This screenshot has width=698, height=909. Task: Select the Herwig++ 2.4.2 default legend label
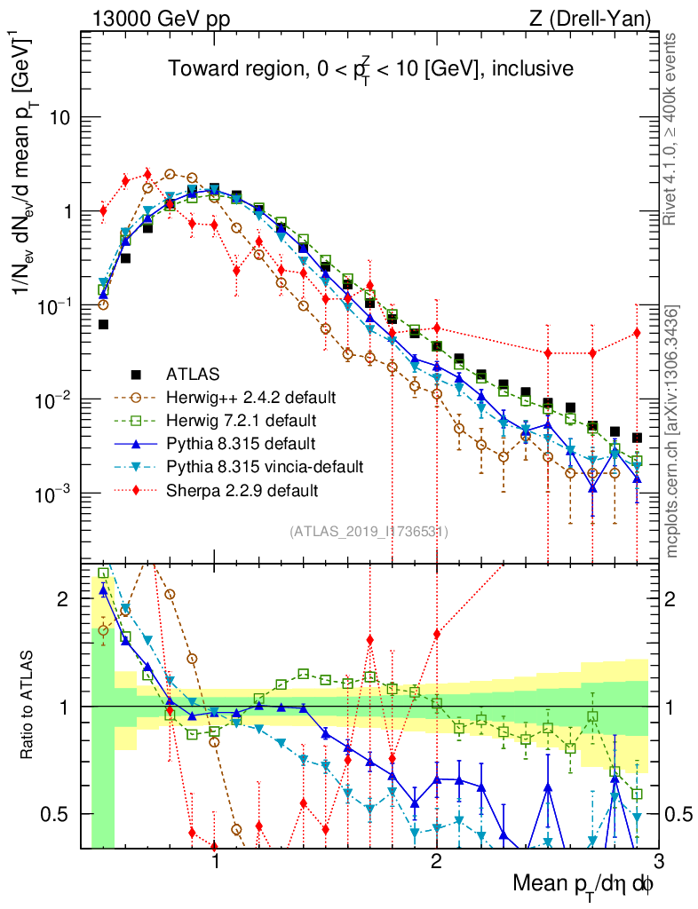[x=246, y=397]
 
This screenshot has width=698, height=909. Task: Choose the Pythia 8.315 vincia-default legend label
[x=262, y=466]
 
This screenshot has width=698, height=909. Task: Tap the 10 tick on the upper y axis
[x=63, y=118]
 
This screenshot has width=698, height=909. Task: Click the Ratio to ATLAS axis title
[x=28, y=707]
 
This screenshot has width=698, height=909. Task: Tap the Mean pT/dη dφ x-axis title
[x=584, y=886]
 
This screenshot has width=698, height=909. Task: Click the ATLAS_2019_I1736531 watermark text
[x=368, y=532]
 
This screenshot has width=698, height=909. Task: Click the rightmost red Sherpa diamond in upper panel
[x=636, y=333]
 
